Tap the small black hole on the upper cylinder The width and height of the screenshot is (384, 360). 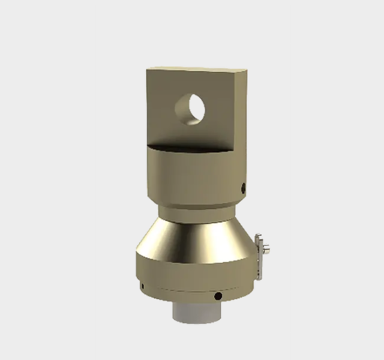click(x=244, y=188)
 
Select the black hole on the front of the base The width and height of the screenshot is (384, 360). click(x=218, y=296)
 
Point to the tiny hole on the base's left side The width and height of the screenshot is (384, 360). click(x=142, y=286)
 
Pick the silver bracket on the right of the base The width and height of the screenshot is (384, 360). click(x=259, y=255)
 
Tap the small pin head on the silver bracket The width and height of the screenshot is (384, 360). click(x=266, y=249)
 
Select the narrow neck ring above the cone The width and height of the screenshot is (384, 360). click(x=194, y=213)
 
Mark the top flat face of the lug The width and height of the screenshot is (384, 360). click(x=198, y=70)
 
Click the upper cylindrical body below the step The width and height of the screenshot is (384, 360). click(x=192, y=177)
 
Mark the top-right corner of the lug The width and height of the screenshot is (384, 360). click(x=245, y=71)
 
